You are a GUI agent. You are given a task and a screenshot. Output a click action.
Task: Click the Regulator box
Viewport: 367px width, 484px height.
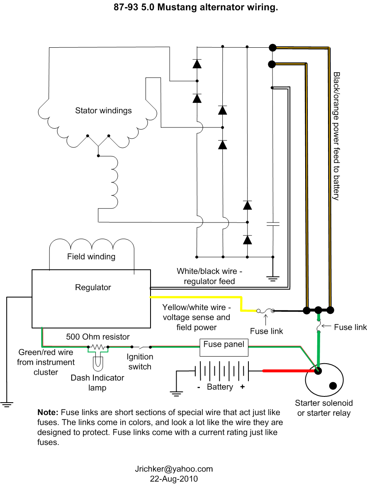(x=91, y=299)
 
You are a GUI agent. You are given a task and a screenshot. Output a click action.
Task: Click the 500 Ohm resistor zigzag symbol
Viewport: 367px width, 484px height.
(x=97, y=347)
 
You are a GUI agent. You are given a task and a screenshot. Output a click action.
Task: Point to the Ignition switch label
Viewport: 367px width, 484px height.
(x=140, y=362)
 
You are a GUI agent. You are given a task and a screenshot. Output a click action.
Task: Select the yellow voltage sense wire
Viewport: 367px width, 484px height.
(x=199, y=297)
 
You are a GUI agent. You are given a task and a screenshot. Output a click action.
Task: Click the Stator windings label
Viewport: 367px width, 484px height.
(x=103, y=111)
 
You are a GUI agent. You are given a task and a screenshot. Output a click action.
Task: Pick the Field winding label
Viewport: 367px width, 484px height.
(x=91, y=257)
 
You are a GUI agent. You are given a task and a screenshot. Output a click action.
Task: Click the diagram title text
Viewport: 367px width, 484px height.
(x=196, y=7)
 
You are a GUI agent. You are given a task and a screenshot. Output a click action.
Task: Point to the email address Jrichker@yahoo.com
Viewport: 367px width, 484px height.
(x=174, y=469)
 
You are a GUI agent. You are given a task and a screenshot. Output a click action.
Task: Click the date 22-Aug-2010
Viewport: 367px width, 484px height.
(x=174, y=479)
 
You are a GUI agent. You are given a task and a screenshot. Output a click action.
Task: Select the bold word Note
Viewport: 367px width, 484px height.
(x=48, y=413)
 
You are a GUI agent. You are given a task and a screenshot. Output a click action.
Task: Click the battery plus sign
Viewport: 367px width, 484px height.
(x=242, y=387)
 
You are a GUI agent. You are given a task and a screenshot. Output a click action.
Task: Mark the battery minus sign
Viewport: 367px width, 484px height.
(x=199, y=387)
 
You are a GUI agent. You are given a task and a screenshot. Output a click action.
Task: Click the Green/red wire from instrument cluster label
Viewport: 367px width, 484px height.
(x=46, y=362)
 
